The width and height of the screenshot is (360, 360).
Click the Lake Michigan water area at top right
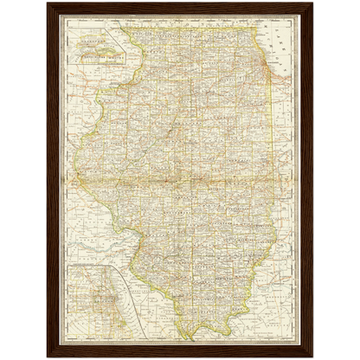(x=281, y=43)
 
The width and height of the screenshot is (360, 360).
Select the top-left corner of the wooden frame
(x=47, y=3)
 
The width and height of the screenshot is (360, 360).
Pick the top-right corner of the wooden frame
(x=312, y=3)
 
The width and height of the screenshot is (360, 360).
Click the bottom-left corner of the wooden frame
(x=47, y=357)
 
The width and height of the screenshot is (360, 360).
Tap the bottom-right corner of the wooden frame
(x=312, y=357)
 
